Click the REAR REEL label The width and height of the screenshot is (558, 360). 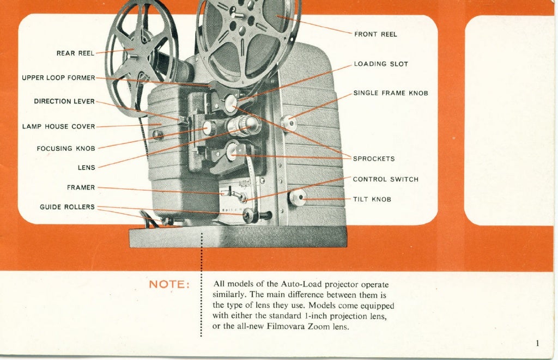[x=75, y=53]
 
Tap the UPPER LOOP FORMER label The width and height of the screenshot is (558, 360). [x=58, y=78]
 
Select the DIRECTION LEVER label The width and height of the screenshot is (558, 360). [x=64, y=101]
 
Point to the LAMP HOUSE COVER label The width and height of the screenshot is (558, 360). [x=58, y=126]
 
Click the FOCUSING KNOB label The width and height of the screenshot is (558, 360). [x=66, y=149]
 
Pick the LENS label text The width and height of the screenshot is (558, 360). [x=86, y=168]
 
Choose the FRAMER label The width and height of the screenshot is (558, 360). [x=81, y=187]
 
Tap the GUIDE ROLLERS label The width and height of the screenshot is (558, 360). [x=67, y=207]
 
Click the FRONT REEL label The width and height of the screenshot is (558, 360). [x=375, y=34]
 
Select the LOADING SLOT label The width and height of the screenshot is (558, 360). [x=381, y=64]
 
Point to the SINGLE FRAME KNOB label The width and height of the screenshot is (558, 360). [x=391, y=93]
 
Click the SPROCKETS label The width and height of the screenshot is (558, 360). [x=374, y=159]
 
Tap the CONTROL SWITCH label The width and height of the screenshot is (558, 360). [x=386, y=179]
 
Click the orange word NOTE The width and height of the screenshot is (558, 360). [x=169, y=285]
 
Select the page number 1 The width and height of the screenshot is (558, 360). [x=537, y=343]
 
